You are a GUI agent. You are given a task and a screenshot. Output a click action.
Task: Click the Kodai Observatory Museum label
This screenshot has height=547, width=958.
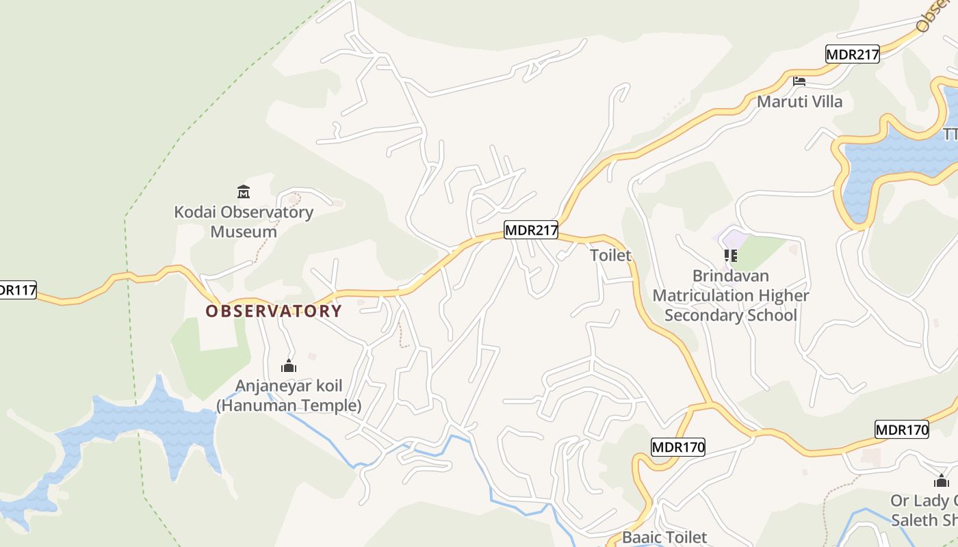pos(243,222)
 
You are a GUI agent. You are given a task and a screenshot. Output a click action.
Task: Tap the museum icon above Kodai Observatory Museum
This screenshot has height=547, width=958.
pos(243,191)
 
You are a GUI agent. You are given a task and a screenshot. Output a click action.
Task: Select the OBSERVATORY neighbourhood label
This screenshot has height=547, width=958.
pos(274,311)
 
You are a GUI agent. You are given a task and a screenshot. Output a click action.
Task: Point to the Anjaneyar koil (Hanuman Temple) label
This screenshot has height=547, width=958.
pos(289,395)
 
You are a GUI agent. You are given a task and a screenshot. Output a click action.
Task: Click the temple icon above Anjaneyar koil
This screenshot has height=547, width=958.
pos(289,366)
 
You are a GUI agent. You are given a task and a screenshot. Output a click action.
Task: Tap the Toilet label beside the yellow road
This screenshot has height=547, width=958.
pos(610,255)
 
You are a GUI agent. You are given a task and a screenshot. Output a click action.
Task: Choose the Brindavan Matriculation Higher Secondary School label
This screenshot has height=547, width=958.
pos(731,295)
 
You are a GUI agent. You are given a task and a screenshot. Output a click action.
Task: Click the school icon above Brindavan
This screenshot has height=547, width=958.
pos(731,256)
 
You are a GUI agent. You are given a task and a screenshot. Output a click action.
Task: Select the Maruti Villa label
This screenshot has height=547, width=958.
pos(799,102)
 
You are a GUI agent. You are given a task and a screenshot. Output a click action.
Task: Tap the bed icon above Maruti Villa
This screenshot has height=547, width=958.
pos(799,81)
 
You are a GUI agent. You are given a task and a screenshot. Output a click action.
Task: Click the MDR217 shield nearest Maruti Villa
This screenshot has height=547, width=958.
pos(852,55)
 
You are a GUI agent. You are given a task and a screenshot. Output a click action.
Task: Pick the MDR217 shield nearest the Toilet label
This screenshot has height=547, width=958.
pos(531,230)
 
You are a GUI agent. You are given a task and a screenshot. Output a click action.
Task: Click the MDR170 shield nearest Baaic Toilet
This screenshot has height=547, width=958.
pos(677,448)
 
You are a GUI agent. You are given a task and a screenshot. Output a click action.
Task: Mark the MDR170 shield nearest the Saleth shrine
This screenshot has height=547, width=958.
pos(902,430)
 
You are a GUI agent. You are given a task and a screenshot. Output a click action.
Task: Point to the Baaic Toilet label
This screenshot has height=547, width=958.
pos(664,537)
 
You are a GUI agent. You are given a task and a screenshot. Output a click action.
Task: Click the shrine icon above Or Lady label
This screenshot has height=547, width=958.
pos(942,481)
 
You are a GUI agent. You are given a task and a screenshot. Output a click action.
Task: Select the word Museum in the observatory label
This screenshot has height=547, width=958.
pos(243,231)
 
